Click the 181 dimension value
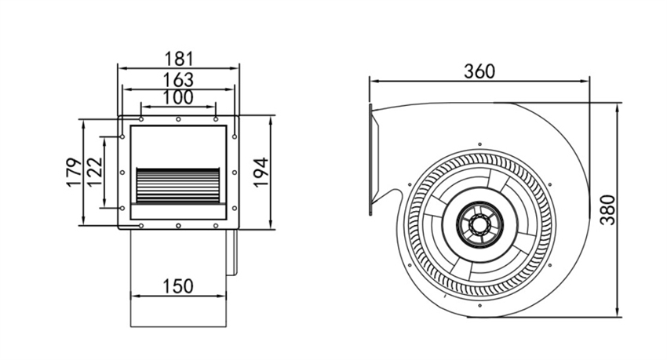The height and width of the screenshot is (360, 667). click(179, 59)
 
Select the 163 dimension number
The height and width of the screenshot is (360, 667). click(179, 79)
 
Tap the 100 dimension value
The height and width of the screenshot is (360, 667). click(179, 97)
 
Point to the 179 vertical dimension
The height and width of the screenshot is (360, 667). click(74, 173)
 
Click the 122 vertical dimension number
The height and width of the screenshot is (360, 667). click(95, 172)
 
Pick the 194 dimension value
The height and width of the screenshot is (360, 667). click(261, 172)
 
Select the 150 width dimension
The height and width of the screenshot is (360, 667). click(178, 286)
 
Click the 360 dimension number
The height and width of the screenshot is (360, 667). click(479, 71)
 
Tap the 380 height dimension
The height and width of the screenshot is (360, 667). click(608, 210)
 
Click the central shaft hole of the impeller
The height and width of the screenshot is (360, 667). click(479, 224)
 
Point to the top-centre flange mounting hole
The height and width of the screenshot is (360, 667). click(178, 119)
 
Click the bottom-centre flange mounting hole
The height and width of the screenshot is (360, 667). click(178, 226)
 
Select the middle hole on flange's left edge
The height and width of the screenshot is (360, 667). click(122, 173)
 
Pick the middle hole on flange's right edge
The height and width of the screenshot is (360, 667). click(235, 173)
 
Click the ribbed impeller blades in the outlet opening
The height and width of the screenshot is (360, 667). click(178, 185)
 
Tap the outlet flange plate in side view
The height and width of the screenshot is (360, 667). click(370, 159)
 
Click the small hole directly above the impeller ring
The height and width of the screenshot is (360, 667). click(479, 144)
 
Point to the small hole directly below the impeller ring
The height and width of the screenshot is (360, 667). click(479, 306)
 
